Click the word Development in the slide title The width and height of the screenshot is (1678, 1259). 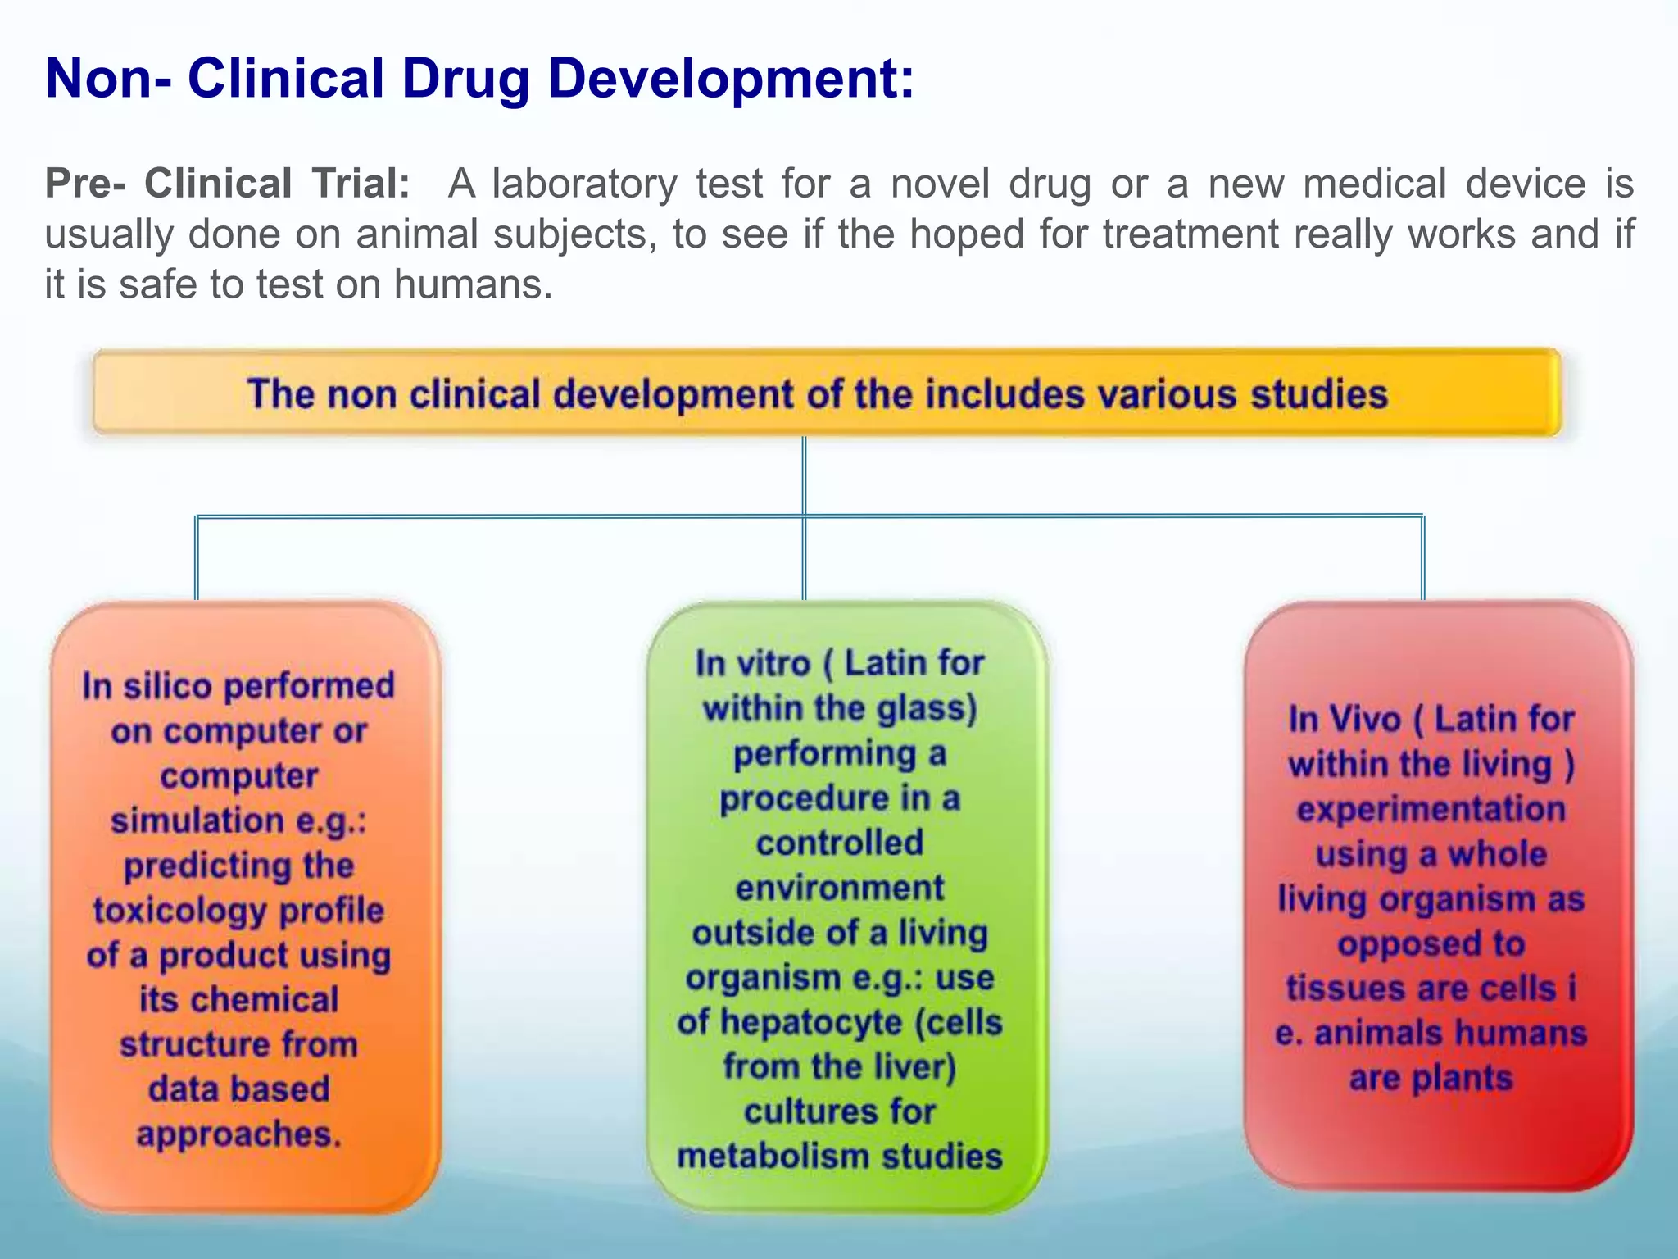pos(729,80)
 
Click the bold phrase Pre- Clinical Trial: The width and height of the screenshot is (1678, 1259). pos(227,183)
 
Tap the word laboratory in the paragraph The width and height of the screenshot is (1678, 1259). pos(584,183)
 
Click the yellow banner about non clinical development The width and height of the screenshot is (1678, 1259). pos(826,393)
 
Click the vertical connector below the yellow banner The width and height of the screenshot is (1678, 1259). pos(804,475)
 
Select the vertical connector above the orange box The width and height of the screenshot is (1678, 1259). pos(196,557)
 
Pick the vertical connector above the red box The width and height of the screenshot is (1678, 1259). pos(1422,557)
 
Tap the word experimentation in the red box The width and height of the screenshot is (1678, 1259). pos(1431,809)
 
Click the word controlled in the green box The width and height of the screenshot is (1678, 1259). pos(839,843)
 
